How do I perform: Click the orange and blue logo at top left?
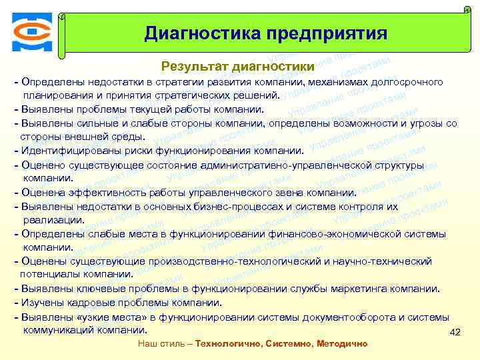click(x=31, y=33)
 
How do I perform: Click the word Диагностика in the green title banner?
click(x=203, y=33)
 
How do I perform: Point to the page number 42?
click(x=455, y=332)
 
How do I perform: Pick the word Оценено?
click(x=44, y=165)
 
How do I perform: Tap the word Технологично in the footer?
click(x=229, y=343)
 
